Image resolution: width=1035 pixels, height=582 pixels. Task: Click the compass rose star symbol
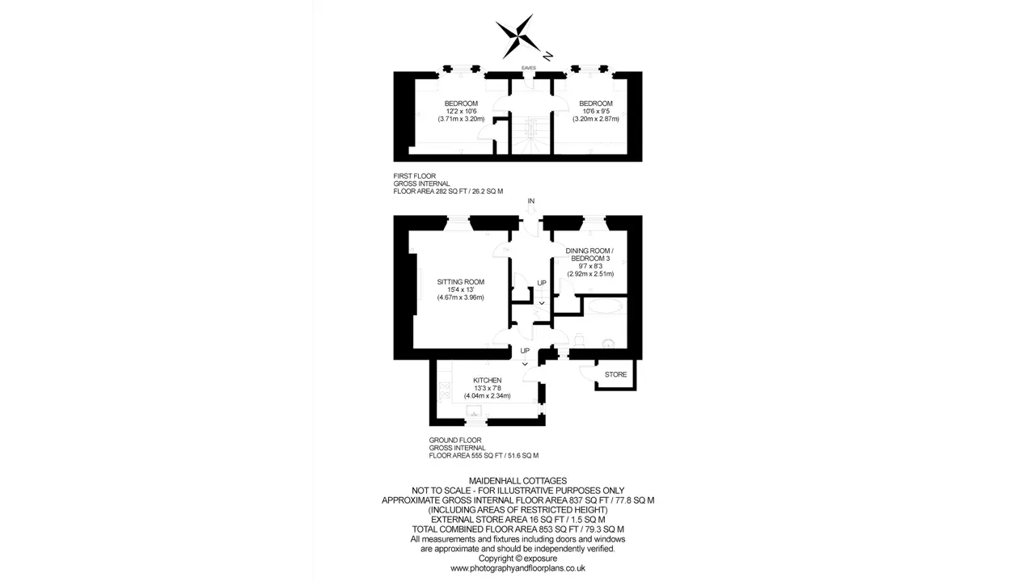pyautogui.click(x=517, y=37)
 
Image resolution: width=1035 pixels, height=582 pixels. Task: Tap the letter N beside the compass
pyautogui.click(x=547, y=57)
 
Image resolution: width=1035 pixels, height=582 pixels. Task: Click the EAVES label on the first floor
pyautogui.click(x=529, y=68)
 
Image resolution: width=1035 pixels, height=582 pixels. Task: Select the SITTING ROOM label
pyautogui.click(x=461, y=282)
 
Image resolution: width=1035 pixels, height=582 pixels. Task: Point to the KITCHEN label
pyautogui.click(x=487, y=380)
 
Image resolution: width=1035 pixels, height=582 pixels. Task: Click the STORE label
pyautogui.click(x=615, y=374)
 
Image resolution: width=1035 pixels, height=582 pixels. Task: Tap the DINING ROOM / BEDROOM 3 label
pyautogui.click(x=590, y=255)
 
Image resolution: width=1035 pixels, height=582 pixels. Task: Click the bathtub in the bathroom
pyautogui.click(x=605, y=306)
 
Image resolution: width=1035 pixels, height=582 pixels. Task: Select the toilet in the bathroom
pyautogui.click(x=578, y=339)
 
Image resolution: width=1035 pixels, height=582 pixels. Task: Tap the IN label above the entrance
pyautogui.click(x=531, y=201)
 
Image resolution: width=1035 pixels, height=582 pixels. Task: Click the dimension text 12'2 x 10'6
pyautogui.click(x=461, y=112)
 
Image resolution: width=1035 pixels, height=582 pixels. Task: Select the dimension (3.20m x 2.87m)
pyautogui.click(x=596, y=119)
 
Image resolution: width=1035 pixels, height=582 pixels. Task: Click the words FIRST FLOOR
pyautogui.click(x=415, y=176)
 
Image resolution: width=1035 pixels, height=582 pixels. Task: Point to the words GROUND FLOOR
pyautogui.click(x=455, y=441)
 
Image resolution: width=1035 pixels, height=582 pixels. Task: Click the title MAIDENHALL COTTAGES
pyautogui.click(x=518, y=481)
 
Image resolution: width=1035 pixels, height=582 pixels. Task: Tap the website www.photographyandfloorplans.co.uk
pyautogui.click(x=518, y=568)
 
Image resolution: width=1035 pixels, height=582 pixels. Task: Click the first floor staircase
pyautogui.click(x=531, y=134)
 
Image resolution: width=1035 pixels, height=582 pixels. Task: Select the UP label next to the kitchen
pyautogui.click(x=525, y=351)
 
